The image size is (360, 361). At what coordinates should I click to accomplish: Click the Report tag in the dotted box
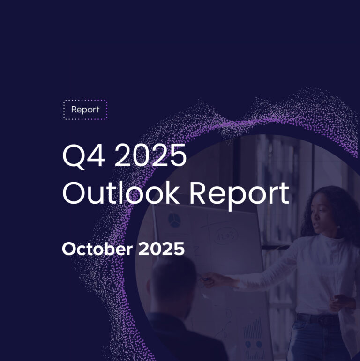(85, 110)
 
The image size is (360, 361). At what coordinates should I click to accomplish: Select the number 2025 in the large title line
(151, 157)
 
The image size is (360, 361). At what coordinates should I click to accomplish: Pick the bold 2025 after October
(161, 249)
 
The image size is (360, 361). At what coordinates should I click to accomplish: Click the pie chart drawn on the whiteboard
(174, 220)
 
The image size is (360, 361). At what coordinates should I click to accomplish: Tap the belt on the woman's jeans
(319, 319)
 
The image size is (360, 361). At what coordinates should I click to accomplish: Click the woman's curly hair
(345, 206)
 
